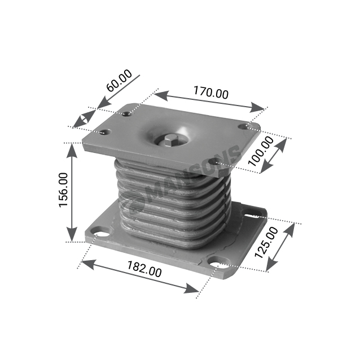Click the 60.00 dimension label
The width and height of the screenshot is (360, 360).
pyautogui.click(x=120, y=80)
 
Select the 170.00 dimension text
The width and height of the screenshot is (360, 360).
pyautogui.click(x=211, y=93)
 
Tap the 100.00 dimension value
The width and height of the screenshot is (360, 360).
pyautogui.click(x=261, y=151)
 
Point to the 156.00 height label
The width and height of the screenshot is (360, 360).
pyautogui.click(x=64, y=190)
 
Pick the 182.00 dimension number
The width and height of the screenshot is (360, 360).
pyautogui.click(x=144, y=269)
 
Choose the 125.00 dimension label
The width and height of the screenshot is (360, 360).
pyautogui.click(x=266, y=242)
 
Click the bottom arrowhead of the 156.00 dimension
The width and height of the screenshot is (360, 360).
pyautogui.click(x=72, y=234)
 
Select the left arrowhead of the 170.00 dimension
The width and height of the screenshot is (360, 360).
pyautogui.click(x=161, y=95)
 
